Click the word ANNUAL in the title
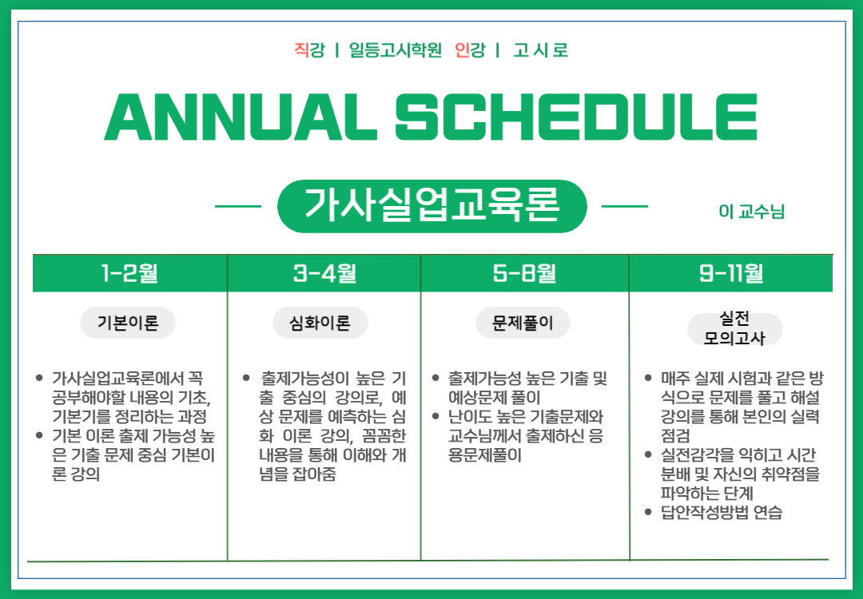(241, 117)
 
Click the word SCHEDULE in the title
(576, 117)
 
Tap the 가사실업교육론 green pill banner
(432, 206)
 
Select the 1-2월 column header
(130, 273)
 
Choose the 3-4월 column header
(324, 273)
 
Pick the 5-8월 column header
(524, 273)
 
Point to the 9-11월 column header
(731, 273)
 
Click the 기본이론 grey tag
(128, 323)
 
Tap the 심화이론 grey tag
(320, 323)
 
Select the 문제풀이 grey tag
(523, 323)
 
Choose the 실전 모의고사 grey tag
(735, 328)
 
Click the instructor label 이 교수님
(751, 211)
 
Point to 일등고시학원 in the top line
(396, 50)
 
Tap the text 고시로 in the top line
(540, 50)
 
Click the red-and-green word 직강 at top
(309, 50)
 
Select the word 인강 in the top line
(470, 50)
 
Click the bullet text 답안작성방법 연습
(721, 512)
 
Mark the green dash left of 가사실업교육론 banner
(238, 206)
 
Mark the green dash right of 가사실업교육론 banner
(625, 206)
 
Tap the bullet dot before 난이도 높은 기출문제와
(436, 416)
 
